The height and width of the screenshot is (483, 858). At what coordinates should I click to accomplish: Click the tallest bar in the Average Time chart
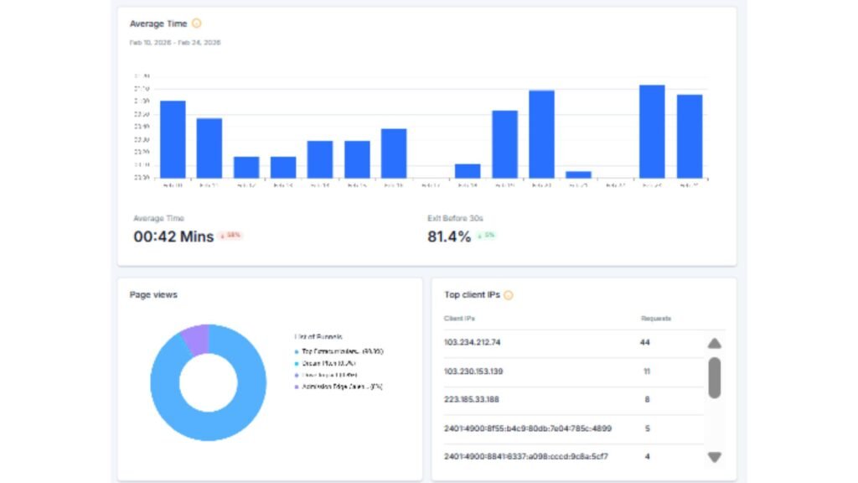652,131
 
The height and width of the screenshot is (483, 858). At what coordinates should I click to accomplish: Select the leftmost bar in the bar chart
173,139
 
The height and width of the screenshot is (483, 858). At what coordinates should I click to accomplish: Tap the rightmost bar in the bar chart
689,136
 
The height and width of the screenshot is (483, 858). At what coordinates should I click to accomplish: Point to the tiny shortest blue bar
578,174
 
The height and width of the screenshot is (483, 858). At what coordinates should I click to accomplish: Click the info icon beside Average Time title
197,23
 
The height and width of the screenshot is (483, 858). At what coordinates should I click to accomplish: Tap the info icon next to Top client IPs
508,295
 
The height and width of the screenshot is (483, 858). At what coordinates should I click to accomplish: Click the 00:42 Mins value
173,236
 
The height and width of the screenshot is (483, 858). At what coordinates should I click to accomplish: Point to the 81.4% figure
449,236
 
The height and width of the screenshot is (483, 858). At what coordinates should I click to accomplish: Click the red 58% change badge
230,236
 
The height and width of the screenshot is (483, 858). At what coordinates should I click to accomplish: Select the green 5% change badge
487,236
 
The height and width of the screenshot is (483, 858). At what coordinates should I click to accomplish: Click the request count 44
645,343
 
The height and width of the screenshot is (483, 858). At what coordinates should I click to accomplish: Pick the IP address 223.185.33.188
472,400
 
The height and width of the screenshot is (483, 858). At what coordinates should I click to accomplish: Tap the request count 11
646,371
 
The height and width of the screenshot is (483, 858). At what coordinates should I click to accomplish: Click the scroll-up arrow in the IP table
714,343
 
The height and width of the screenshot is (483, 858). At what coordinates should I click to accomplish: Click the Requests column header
655,319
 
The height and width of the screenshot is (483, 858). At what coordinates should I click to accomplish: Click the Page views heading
153,295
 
